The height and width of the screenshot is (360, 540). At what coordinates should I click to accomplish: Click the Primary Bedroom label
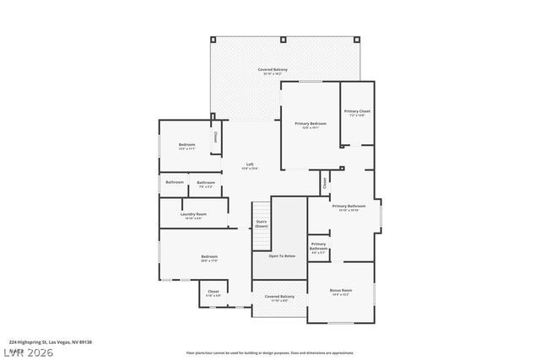(x=310, y=125)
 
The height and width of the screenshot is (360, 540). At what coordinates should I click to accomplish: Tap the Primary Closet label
(x=357, y=112)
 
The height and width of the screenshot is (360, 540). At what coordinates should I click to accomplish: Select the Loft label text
(x=250, y=165)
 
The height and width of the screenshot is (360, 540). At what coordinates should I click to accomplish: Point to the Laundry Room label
(x=193, y=215)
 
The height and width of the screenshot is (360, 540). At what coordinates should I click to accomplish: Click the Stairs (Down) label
(x=262, y=223)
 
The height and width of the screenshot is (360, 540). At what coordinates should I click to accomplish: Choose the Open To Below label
(x=282, y=255)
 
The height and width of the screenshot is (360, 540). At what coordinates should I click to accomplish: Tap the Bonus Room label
(x=341, y=292)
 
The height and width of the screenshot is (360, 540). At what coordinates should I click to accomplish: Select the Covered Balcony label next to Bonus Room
(x=279, y=298)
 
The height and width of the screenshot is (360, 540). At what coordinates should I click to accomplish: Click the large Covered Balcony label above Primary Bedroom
(x=273, y=70)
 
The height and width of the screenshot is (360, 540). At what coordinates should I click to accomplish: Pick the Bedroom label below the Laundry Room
(x=208, y=258)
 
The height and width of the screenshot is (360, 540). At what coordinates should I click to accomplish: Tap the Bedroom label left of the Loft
(x=186, y=146)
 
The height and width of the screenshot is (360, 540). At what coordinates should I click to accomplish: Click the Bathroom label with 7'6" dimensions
(x=206, y=184)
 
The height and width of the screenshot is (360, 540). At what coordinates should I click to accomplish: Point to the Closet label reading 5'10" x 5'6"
(x=213, y=293)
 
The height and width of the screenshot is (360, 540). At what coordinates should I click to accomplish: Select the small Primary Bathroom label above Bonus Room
(x=318, y=246)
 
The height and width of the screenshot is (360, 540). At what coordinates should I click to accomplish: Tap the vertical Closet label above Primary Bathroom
(x=324, y=180)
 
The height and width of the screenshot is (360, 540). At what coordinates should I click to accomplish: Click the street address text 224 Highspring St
(x=50, y=342)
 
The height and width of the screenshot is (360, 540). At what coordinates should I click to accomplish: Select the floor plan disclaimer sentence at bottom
(x=270, y=352)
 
